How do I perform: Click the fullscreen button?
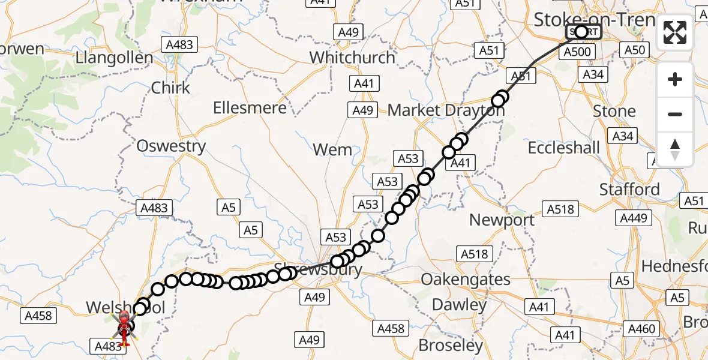click(x=675, y=32)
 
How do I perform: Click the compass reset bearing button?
click(x=675, y=149)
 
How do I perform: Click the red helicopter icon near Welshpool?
click(x=124, y=327)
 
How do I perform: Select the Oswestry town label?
click(x=171, y=146)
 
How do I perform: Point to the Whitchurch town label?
click(x=352, y=58)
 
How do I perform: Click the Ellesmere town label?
click(x=250, y=109)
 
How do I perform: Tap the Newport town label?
click(x=502, y=220)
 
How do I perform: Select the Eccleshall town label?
click(x=563, y=148)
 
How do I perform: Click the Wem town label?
click(x=332, y=149)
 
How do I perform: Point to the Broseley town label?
click(x=451, y=346)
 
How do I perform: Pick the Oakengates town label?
click(x=466, y=280)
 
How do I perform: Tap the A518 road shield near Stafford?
click(x=560, y=209)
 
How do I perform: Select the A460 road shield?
click(x=641, y=329)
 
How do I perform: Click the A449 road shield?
click(x=633, y=218)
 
